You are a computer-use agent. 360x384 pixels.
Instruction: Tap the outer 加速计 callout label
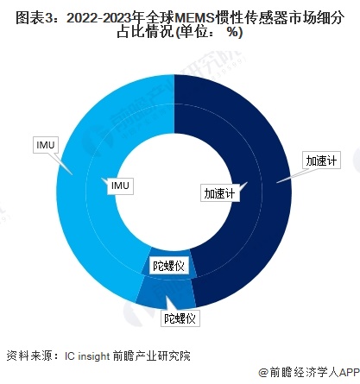click(x=319, y=161)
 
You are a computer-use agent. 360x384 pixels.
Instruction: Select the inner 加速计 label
click(x=219, y=193)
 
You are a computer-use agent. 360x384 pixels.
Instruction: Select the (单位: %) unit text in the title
click(x=208, y=33)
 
